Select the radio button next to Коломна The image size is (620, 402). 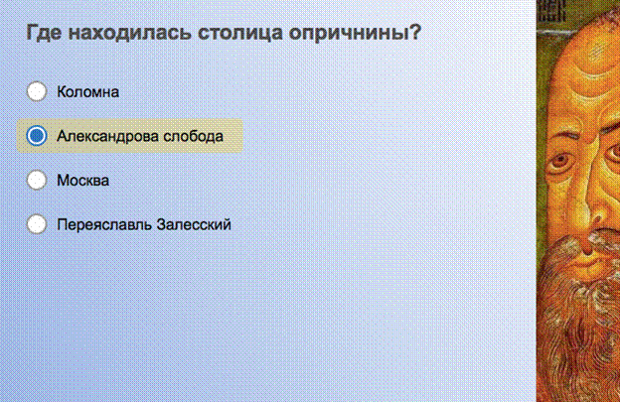tap(37, 91)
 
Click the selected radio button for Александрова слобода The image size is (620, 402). tap(37, 135)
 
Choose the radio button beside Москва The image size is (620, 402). tap(37, 180)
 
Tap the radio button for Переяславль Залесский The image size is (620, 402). tap(37, 224)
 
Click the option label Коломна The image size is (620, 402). tap(87, 92)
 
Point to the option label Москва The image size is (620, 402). tap(83, 181)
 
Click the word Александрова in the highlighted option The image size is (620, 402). tap(107, 136)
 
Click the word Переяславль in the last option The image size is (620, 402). tap(104, 224)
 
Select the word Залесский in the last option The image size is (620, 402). tap(194, 224)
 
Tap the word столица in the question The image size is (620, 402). tap(240, 33)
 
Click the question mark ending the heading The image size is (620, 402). tap(414, 32)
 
